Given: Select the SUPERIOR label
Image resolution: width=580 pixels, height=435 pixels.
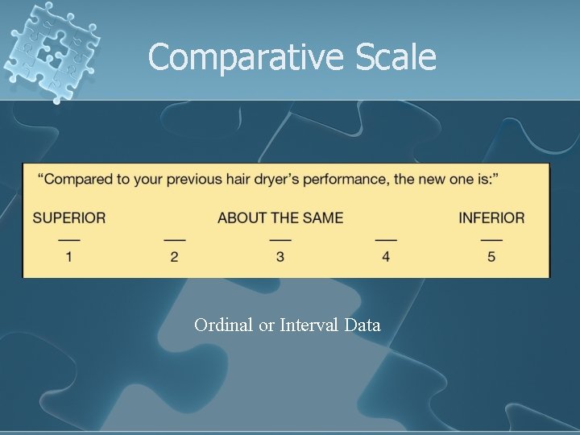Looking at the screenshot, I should pos(69,217).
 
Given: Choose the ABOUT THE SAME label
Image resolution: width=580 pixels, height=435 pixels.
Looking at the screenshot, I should pos(280,217).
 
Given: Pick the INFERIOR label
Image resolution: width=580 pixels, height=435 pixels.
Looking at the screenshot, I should pos(491,217).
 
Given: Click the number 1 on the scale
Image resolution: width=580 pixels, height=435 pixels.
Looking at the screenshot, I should pos(69,257).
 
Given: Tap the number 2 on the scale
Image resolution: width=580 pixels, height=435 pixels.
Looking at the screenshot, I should pos(174,257).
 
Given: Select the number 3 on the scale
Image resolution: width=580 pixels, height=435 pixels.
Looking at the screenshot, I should pos(280,257).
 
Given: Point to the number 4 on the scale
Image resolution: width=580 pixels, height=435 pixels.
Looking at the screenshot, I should pos(386,257).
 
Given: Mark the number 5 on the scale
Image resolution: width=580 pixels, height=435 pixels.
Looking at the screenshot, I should pos(491,257).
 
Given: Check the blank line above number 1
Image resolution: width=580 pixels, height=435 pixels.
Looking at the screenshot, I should pos(69,240).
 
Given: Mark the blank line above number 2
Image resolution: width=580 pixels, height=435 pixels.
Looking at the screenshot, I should pos(174,240).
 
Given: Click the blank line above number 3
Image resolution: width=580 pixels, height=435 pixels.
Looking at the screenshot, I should pos(280,240).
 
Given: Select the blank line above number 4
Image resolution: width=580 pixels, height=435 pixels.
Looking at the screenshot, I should pos(386,240).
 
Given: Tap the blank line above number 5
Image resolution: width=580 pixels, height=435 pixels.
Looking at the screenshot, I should pos(491,240).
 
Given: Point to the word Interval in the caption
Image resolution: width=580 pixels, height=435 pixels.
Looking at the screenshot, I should pos(309,325).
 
